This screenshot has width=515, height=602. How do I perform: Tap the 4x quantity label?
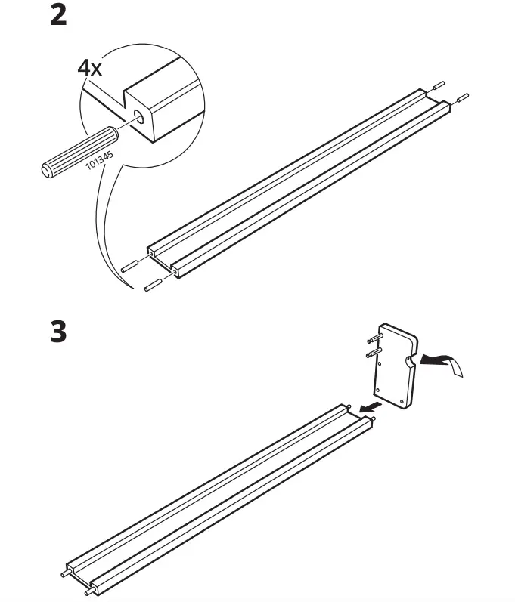[90, 67]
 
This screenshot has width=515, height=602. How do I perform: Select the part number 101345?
[101, 155]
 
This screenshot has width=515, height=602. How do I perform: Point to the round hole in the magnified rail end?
[140, 116]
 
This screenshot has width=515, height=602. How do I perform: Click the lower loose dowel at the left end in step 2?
[152, 285]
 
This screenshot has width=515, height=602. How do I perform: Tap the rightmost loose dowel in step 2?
[461, 97]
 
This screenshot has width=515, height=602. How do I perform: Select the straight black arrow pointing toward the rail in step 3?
[368, 409]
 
